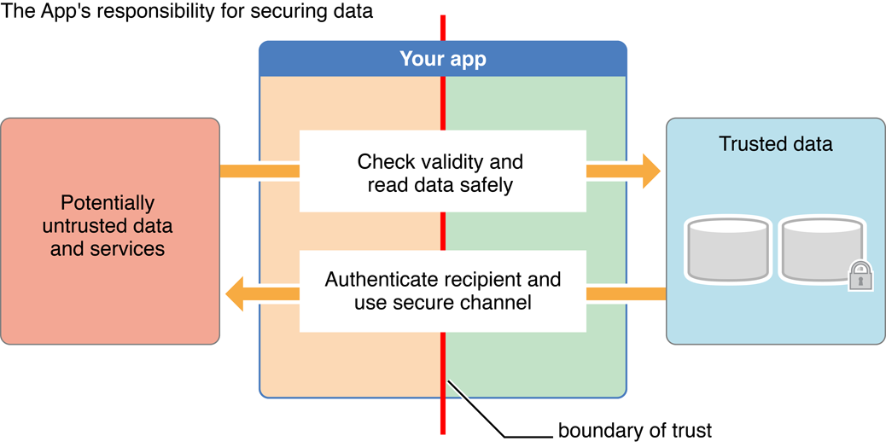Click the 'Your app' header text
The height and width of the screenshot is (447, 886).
(x=443, y=60)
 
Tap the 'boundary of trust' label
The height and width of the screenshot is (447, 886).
(x=634, y=431)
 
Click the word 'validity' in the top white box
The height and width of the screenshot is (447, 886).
(x=482, y=161)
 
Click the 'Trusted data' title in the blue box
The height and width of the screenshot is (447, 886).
(x=775, y=144)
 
